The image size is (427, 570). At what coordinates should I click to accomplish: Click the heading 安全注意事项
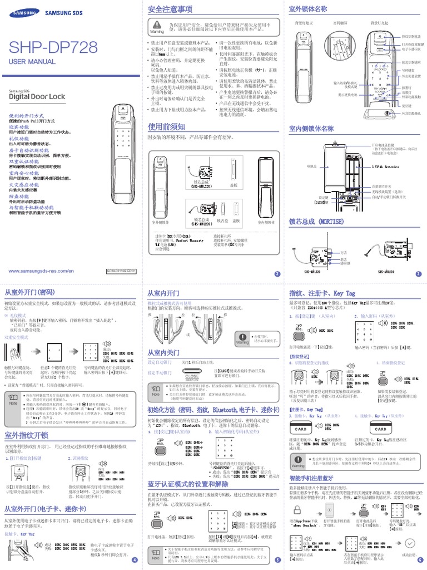[x=170, y=9]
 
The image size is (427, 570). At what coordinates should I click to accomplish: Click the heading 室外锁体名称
[x=308, y=9]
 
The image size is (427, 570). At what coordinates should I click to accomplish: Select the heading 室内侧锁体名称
[x=311, y=129]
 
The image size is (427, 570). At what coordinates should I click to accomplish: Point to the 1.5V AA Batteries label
[x=384, y=166]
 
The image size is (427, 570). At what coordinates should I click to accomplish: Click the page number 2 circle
[x=277, y=273]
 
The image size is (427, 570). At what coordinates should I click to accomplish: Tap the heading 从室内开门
[x=163, y=293]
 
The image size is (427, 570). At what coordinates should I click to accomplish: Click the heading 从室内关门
[x=163, y=352]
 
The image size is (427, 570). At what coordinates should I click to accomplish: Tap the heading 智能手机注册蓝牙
[x=311, y=478]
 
